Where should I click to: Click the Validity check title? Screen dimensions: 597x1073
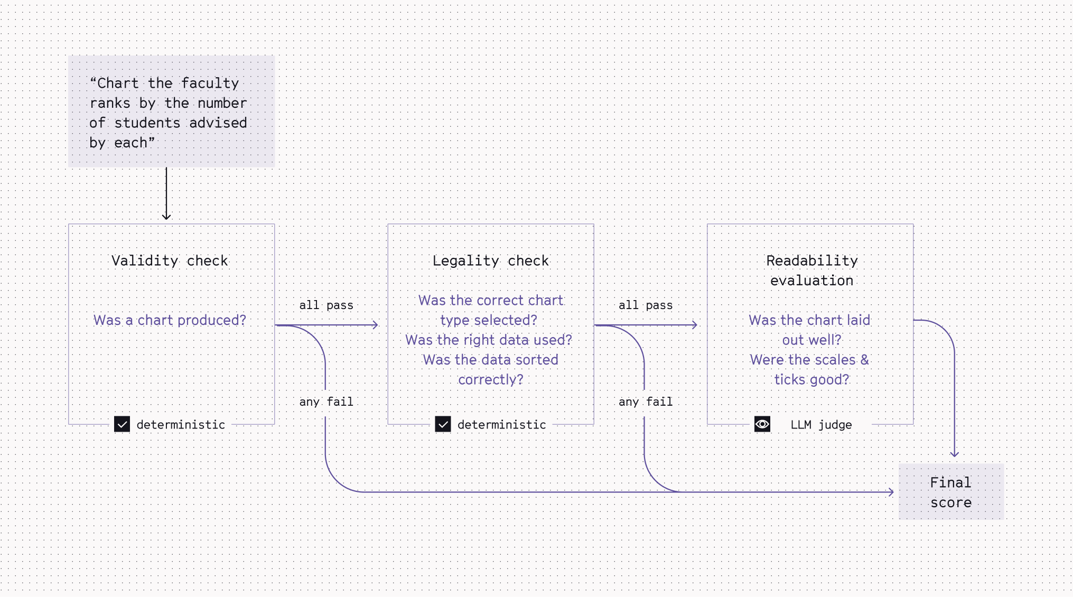pyautogui.click(x=170, y=260)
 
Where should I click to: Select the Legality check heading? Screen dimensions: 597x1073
pyautogui.click(x=490, y=260)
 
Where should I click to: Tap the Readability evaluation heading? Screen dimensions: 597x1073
pyautogui.click(x=811, y=270)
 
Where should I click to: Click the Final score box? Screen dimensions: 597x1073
pyautogui.click(x=951, y=492)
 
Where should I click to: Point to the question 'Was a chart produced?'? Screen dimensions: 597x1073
pyautogui.click(x=170, y=320)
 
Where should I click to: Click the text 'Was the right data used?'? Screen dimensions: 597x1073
pyautogui.click(x=489, y=340)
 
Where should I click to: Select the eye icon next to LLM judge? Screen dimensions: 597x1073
pyautogui.click(x=762, y=424)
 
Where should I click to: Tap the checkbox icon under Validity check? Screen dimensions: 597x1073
pyautogui.click(x=122, y=424)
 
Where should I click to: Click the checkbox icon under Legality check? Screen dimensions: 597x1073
pyautogui.click(x=443, y=424)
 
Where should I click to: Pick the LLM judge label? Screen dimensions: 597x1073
pyautogui.click(x=821, y=425)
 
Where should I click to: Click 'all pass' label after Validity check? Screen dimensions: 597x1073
pyautogui.click(x=326, y=305)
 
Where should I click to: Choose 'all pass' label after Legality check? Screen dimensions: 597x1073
pyautogui.click(x=646, y=305)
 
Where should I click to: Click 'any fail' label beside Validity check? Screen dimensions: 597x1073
pyautogui.click(x=326, y=402)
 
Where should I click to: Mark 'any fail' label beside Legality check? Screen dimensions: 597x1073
pyautogui.click(x=646, y=402)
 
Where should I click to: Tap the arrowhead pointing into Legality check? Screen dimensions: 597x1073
pyautogui.click(x=376, y=325)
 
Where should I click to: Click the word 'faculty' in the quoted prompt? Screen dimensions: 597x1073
pyautogui.click(x=210, y=83)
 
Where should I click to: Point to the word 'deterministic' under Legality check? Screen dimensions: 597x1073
pyautogui.click(x=501, y=425)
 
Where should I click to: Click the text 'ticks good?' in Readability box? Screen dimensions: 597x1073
pyautogui.click(x=811, y=379)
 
